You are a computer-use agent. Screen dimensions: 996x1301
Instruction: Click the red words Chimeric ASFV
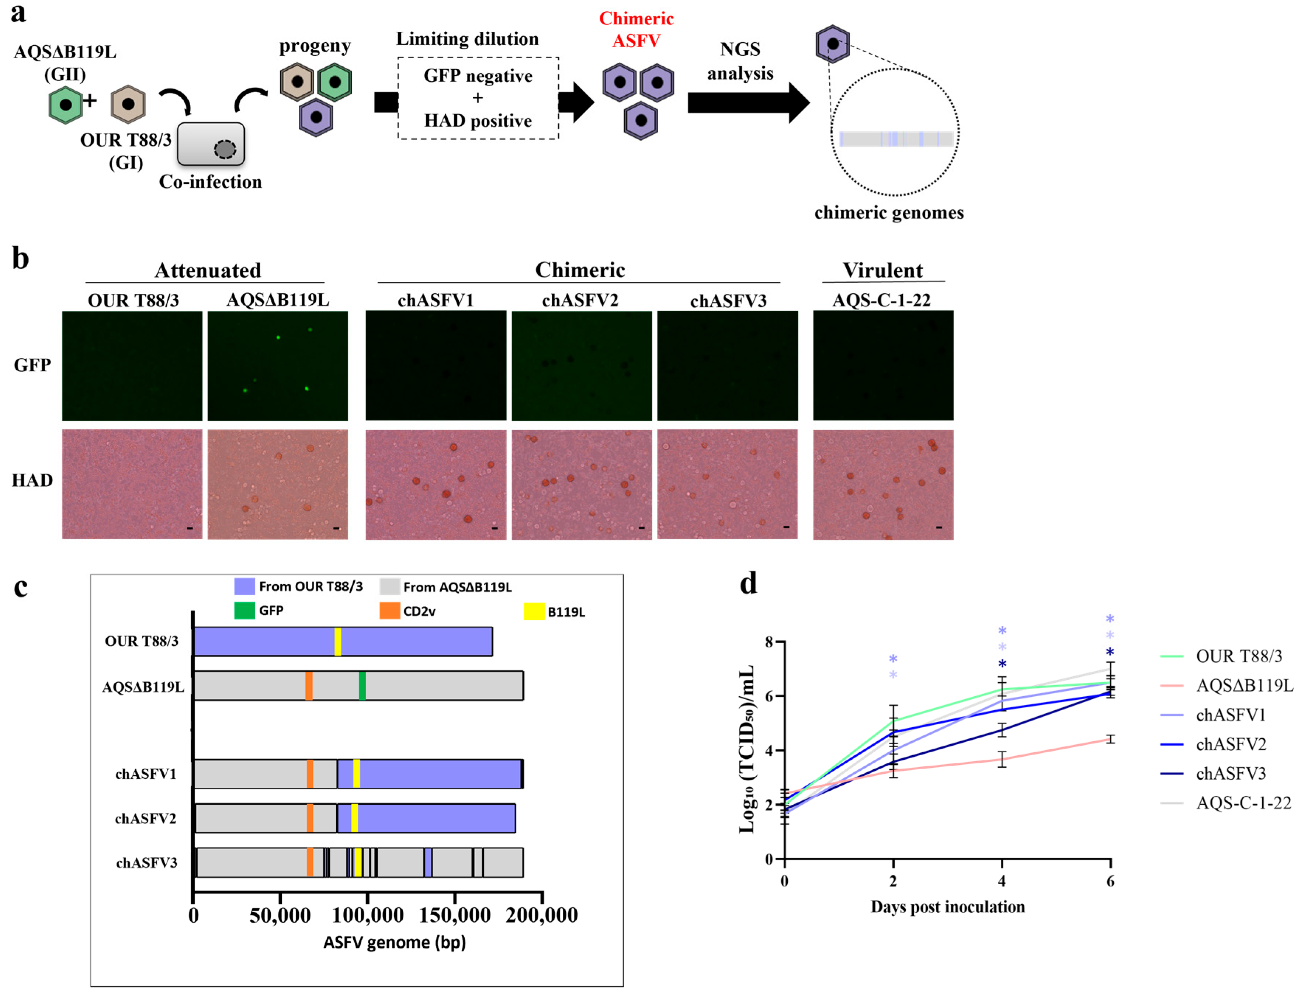(x=636, y=29)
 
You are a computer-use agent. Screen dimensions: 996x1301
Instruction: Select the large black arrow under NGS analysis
(x=747, y=102)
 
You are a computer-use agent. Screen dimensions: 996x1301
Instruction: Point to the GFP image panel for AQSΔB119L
(x=278, y=366)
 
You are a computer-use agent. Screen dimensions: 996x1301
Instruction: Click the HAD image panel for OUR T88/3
(x=132, y=484)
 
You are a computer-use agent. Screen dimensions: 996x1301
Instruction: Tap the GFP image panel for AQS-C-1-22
(x=882, y=366)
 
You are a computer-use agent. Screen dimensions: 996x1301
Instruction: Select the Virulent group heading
(x=882, y=270)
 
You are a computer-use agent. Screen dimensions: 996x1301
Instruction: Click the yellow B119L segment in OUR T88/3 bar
(x=337, y=641)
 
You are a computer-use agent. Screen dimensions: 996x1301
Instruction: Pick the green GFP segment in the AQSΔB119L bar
(x=362, y=686)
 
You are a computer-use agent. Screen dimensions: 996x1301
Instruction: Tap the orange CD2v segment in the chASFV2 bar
(x=309, y=818)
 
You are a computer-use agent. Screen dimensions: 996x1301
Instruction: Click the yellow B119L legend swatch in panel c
(x=534, y=611)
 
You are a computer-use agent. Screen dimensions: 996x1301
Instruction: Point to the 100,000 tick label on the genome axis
(x=368, y=915)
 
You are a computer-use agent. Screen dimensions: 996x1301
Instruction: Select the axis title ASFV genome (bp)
(x=394, y=943)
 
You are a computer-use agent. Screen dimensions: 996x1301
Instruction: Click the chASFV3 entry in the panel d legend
(x=1231, y=773)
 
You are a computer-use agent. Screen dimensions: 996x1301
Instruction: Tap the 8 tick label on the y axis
(x=769, y=642)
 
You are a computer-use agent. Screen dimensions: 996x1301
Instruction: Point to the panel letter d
(x=748, y=584)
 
